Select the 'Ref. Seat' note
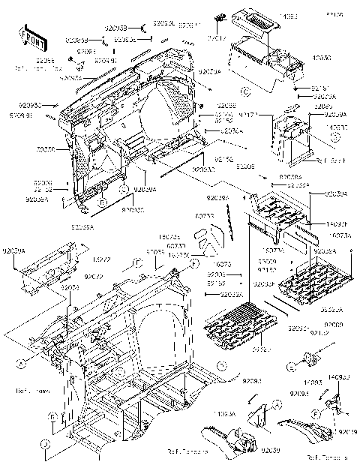(327, 160)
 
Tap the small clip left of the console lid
(219, 18)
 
